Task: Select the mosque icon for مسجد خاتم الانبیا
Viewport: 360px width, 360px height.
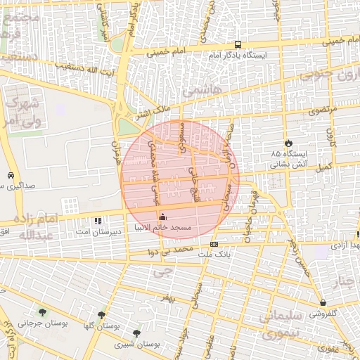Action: [165, 216]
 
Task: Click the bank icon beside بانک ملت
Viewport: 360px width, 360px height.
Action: [214, 244]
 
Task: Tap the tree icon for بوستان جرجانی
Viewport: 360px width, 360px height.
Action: [44, 311]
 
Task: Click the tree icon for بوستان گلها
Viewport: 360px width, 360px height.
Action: [101, 315]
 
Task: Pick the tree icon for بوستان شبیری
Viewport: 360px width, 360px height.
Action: [136, 333]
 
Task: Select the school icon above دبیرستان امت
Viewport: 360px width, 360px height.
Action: [97, 220]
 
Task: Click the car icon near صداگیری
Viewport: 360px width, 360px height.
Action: [10, 175]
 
